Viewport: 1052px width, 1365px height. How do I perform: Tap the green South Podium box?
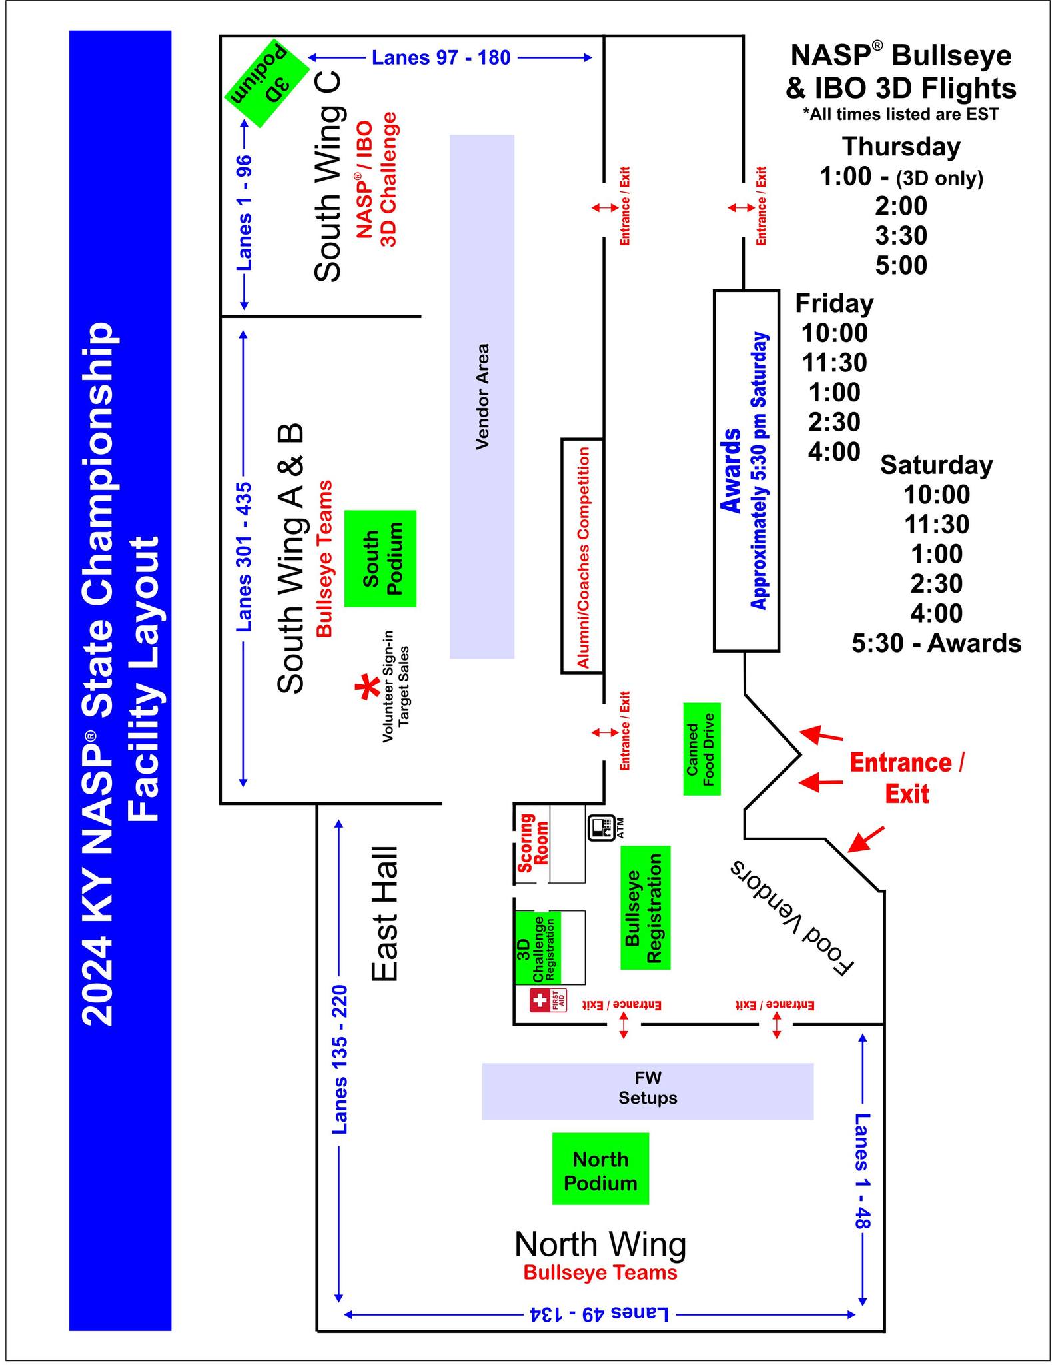(380, 559)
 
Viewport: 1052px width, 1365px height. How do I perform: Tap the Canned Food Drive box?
(702, 749)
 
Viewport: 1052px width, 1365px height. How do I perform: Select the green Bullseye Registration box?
(645, 908)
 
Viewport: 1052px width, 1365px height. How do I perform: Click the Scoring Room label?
(534, 843)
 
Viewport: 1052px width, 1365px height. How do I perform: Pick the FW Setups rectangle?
(648, 1091)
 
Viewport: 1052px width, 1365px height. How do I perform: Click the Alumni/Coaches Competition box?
(582, 556)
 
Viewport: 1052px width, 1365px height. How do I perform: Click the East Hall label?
(385, 914)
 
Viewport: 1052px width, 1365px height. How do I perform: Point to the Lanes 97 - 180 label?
(441, 58)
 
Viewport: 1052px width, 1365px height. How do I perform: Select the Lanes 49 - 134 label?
(599, 1314)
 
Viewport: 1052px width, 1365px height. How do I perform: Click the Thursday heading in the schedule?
(901, 147)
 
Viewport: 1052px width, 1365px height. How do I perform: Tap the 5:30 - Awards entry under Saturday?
(936, 643)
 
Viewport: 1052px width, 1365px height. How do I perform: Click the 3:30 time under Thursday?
(901, 235)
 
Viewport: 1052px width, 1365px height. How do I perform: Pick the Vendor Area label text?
(482, 397)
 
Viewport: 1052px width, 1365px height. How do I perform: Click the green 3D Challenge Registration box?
(538, 948)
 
